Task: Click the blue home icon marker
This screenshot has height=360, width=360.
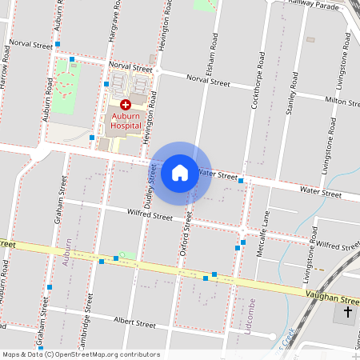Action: (x=180, y=172)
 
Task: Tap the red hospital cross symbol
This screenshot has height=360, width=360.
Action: (x=125, y=105)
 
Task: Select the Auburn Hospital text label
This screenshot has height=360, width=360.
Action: (x=125, y=120)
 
